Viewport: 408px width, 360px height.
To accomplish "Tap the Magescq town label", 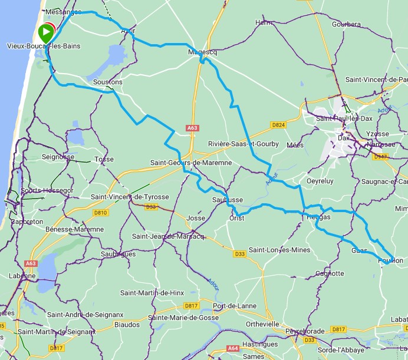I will (202, 52).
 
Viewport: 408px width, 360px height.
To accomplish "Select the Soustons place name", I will (108, 82).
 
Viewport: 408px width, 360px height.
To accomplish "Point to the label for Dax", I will (343, 137).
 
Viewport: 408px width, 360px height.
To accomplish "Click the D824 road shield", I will (278, 125).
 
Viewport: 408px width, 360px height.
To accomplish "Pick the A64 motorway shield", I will (233, 349).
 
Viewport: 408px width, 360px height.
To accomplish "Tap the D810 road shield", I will (100, 213).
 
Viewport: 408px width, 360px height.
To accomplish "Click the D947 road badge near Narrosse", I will (381, 156).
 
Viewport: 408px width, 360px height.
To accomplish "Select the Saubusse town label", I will (227, 200).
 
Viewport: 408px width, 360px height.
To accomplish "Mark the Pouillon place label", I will (390, 260).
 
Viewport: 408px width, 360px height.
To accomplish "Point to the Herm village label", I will (264, 22).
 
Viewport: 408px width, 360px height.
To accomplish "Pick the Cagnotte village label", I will (330, 273).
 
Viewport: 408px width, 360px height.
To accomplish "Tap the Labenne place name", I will (22, 275).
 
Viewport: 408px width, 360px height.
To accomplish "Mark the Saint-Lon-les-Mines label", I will (279, 250).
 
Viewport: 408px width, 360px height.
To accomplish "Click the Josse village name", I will (195, 218).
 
